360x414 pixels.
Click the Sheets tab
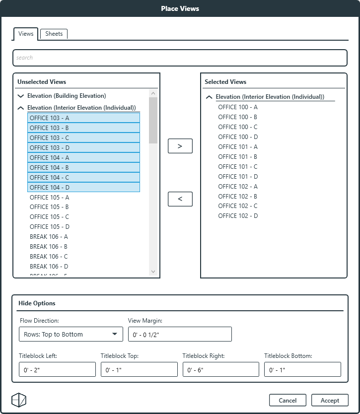coord(54,34)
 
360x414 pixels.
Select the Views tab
coord(26,34)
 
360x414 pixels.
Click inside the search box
coord(180,58)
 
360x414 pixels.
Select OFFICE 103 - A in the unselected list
coord(50,118)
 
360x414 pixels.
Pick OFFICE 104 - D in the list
coord(50,188)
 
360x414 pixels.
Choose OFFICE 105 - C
coord(49,217)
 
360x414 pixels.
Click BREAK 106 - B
coord(49,247)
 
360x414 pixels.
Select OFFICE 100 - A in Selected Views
coord(238,107)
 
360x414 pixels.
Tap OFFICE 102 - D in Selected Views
coord(238,216)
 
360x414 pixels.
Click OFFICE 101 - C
coord(238,167)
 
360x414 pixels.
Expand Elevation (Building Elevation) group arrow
coord(20,96)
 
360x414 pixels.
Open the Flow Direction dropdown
coord(71,334)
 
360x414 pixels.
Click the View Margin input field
coord(180,334)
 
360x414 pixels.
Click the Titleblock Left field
coord(57,370)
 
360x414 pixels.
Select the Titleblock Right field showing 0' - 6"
coord(220,370)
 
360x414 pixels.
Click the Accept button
coord(330,400)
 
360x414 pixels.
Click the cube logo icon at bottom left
coord(19,400)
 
